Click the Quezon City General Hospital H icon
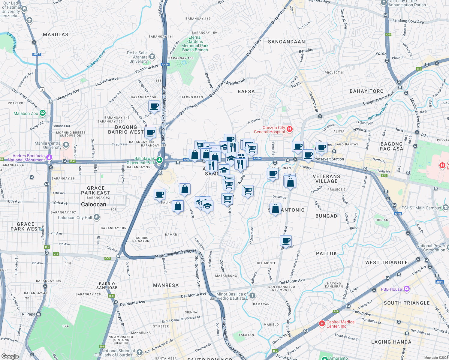coord(289,129)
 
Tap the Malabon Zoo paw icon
coord(43,113)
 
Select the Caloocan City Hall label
coord(75,217)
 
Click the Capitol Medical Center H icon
coord(322,323)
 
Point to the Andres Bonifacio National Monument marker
coord(50,157)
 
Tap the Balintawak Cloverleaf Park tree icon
coord(159,160)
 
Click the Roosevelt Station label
coord(329,159)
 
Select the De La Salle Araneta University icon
coord(152,56)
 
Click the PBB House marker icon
coord(406,289)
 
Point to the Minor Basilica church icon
coord(252,296)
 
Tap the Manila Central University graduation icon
coord(66,145)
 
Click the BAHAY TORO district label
coord(366,91)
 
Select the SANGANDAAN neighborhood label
coord(286,42)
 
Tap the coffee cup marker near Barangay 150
coord(154,106)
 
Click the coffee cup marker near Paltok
coord(286,240)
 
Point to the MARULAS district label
coord(56,34)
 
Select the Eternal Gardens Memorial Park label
coord(195,44)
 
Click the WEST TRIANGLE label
coord(386,262)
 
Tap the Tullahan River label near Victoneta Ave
coord(96,59)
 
